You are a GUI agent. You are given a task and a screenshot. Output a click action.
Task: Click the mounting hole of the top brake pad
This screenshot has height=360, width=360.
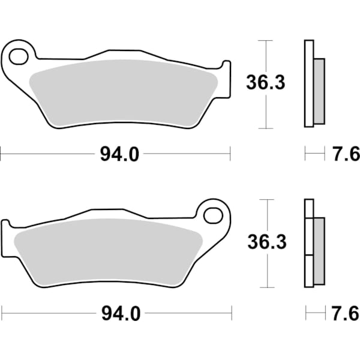18,57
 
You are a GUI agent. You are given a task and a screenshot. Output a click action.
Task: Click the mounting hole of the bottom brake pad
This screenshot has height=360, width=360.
212,214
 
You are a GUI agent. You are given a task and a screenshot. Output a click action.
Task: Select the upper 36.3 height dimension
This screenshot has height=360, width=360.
265,84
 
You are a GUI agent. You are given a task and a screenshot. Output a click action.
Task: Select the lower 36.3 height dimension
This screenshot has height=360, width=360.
266,243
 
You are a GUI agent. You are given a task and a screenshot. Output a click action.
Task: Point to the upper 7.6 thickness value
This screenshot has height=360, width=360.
346,155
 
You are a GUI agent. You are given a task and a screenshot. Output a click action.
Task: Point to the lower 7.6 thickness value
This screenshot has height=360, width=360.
346,313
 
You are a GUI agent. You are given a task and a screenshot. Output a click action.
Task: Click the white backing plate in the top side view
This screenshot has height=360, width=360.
309,84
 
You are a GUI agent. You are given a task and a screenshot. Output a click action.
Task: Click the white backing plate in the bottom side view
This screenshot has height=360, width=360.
309,243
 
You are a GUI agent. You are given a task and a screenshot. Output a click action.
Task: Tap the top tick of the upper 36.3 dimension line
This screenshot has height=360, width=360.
265,40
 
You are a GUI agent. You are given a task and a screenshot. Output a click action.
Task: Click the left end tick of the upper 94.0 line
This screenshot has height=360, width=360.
1,155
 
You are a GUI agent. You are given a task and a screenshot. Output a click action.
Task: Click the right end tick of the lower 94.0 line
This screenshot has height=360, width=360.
232,313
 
